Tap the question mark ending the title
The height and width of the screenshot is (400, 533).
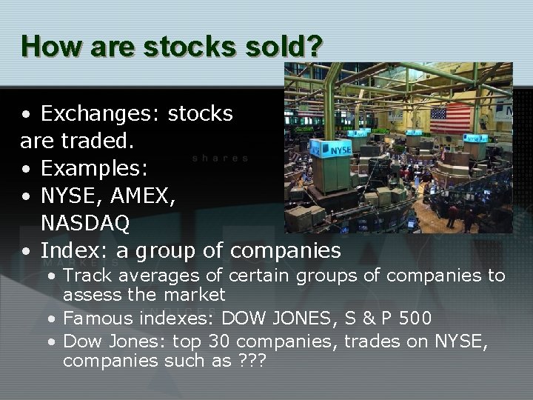pyautogui.click(x=314, y=46)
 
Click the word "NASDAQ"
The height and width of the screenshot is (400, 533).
pyautogui.click(x=86, y=223)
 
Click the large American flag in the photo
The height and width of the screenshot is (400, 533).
pyautogui.click(x=450, y=118)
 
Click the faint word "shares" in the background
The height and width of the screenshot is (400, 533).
pyautogui.click(x=220, y=158)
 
